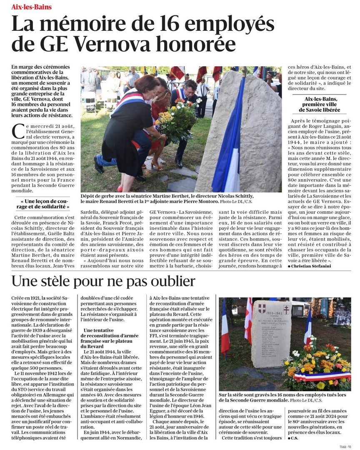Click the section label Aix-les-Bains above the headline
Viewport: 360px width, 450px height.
pos(31,7)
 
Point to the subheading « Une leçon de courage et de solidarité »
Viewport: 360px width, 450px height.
pos(45,203)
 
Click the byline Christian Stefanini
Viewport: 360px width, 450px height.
pos(311,266)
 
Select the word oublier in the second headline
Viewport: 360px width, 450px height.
pos(169,282)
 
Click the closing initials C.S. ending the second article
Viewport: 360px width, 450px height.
pos(295,438)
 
